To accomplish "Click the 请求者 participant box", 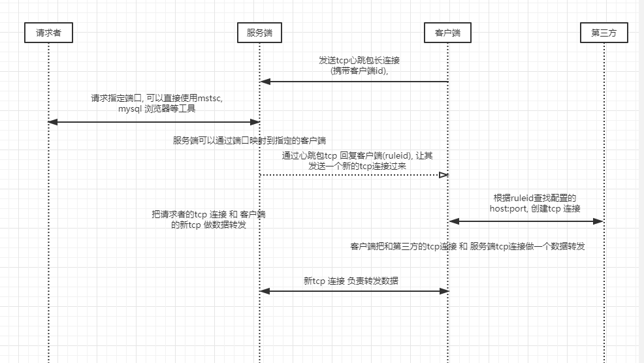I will click(48, 33).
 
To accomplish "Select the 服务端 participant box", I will click(259, 33).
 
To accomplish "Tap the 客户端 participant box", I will click(447, 33).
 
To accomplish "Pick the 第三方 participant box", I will click(604, 33).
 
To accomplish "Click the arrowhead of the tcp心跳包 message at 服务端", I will click(265, 82).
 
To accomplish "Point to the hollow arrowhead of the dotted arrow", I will click(443, 175).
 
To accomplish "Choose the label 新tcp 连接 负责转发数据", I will click(351, 281).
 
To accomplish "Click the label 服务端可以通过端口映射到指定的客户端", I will click(250, 140).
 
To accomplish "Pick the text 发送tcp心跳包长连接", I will click(359, 60).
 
